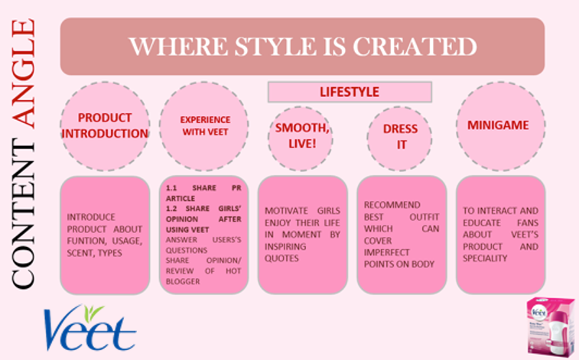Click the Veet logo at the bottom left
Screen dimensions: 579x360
(x=89, y=328)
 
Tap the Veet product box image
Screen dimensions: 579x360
(x=550, y=327)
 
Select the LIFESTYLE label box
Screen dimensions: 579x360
(x=350, y=92)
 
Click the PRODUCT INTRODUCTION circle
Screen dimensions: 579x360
(x=105, y=126)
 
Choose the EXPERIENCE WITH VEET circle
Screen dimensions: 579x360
(x=203, y=126)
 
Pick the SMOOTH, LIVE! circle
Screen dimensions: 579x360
(x=301, y=138)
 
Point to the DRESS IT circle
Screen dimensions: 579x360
(x=400, y=138)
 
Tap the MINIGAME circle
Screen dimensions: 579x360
(x=501, y=126)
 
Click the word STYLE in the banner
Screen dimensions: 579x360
(x=275, y=47)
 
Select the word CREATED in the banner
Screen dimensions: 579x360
(x=415, y=47)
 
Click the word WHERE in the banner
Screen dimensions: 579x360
(x=178, y=47)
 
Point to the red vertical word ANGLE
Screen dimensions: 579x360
(x=23, y=73)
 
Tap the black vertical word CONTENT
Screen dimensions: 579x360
(x=23, y=214)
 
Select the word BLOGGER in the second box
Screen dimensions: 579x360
(x=183, y=281)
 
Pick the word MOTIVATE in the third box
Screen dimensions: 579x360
(x=286, y=211)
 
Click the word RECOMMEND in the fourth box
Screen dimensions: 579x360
(x=392, y=205)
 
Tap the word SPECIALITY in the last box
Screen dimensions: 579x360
(x=485, y=258)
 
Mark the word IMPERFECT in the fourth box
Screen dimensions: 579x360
(x=386, y=252)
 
